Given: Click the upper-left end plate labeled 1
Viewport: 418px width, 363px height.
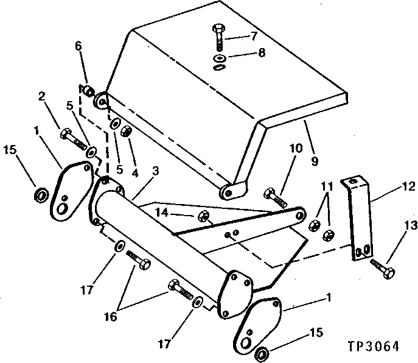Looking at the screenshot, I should coord(72,189).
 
